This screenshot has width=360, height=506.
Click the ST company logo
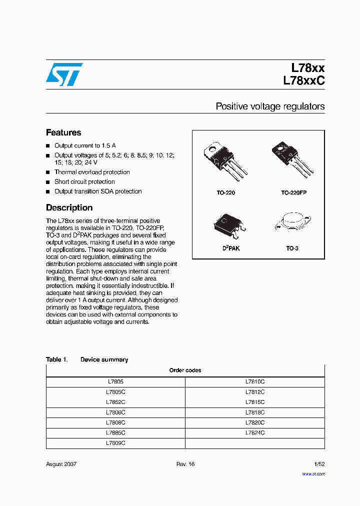(x=64, y=74)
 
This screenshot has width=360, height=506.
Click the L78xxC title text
(x=303, y=79)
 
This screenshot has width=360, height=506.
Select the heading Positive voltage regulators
(x=270, y=106)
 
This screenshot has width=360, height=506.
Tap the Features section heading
(x=63, y=132)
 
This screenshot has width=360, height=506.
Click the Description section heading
(x=69, y=207)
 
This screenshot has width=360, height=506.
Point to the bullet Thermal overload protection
(x=92, y=172)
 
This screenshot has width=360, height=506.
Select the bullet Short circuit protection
(x=84, y=182)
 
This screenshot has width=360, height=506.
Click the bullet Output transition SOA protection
(x=98, y=191)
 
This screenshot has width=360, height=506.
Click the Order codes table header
(x=185, y=370)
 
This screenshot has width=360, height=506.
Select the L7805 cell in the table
(x=115, y=381)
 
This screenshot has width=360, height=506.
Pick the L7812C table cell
(x=255, y=392)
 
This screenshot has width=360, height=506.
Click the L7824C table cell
(x=255, y=433)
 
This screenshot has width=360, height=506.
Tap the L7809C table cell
(x=115, y=443)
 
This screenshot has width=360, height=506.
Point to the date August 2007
(x=61, y=464)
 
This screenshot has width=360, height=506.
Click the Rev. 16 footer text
(x=185, y=464)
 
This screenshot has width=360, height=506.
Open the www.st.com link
(x=313, y=474)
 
